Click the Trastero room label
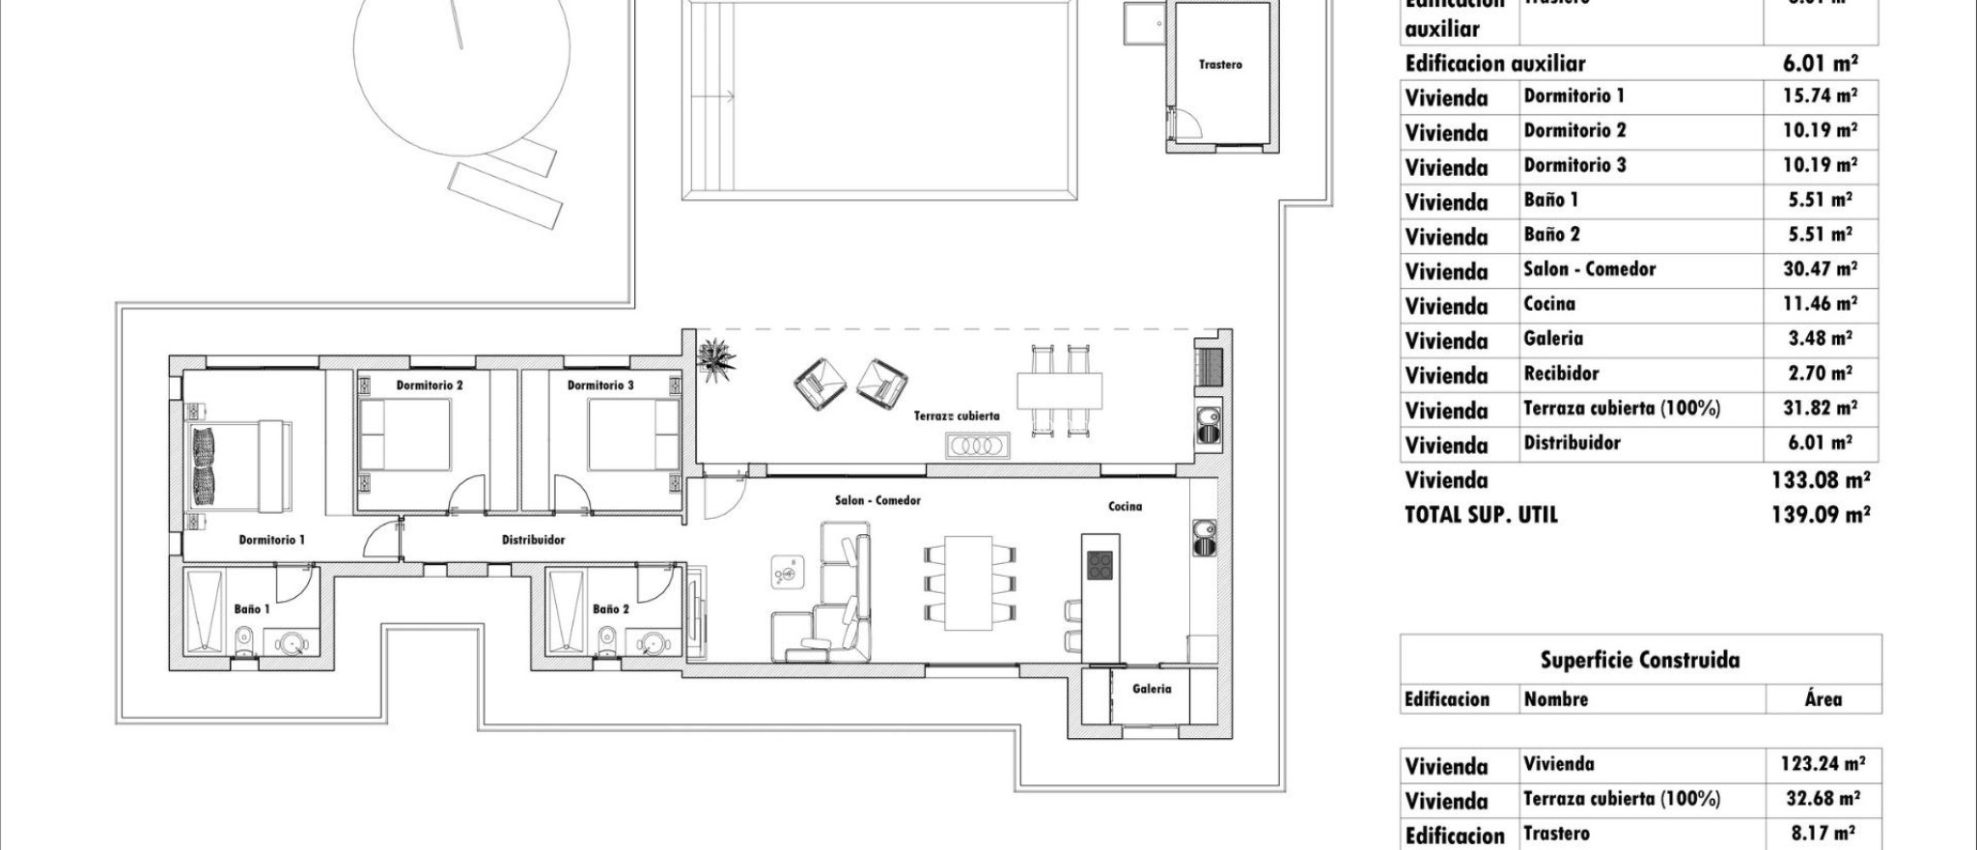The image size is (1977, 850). [1220, 65]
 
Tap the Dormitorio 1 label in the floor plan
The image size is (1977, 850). [271, 540]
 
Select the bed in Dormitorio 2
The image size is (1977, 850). [404, 436]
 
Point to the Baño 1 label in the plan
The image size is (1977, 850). [252, 609]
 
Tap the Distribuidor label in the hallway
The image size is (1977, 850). [533, 540]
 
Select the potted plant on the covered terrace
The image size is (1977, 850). [716, 359]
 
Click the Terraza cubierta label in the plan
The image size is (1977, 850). [957, 416]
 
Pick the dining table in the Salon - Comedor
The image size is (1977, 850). [970, 582]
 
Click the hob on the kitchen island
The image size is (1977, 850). [1100, 565]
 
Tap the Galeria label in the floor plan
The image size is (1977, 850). [1152, 689]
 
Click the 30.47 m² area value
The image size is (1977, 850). [1819, 269]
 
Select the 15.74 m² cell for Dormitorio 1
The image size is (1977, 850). [1819, 96]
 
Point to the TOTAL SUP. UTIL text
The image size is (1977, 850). [1481, 515]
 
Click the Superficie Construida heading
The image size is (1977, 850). [1639, 661]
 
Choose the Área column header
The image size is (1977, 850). [1823, 699]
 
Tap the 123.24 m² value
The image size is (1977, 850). [1822, 764]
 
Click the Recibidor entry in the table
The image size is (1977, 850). [1561, 374]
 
